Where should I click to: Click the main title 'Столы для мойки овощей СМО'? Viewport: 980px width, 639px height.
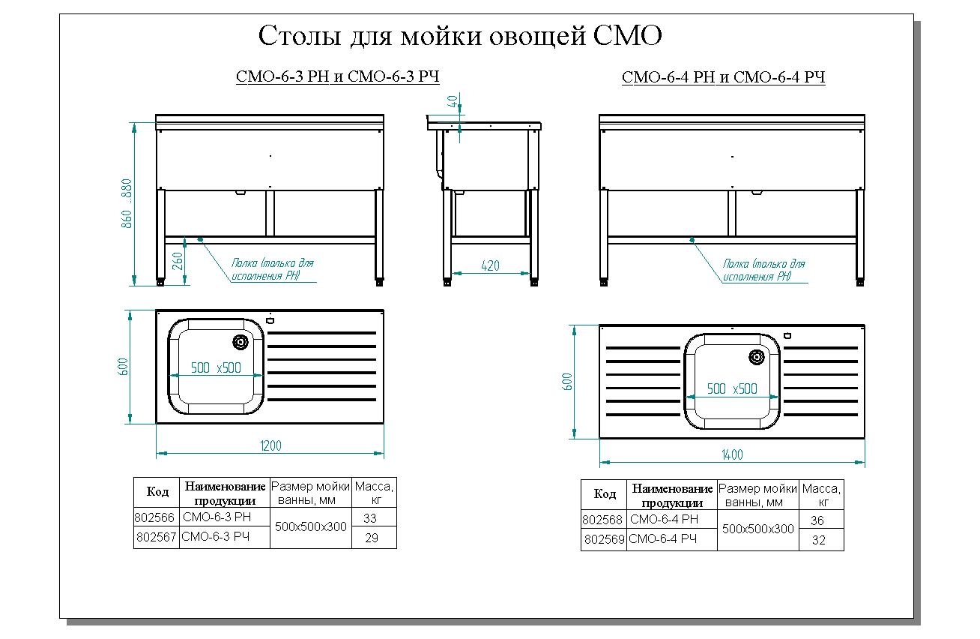[460, 35]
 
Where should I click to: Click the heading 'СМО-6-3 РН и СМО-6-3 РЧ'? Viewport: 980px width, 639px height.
[337, 77]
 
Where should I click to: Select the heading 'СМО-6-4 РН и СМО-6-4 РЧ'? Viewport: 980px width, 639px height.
[723, 78]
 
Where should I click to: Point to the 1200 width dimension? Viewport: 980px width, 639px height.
[270, 446]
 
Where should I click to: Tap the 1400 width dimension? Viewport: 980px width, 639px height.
[731, 454]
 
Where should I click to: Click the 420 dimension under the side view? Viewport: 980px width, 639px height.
[490, 266]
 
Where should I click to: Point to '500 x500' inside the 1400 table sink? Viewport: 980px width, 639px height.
[732, 388]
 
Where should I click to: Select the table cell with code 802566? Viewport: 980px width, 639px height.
[155, 517]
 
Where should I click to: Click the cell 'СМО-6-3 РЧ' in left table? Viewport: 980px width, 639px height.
[215, 537]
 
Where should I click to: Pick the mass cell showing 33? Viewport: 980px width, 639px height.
[370, 517]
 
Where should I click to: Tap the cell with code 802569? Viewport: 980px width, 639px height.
[604, 539]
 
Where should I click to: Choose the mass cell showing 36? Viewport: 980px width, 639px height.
[817, 520]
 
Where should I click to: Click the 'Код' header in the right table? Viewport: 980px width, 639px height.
[605, 494]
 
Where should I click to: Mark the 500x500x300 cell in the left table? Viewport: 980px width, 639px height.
[311, 527]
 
